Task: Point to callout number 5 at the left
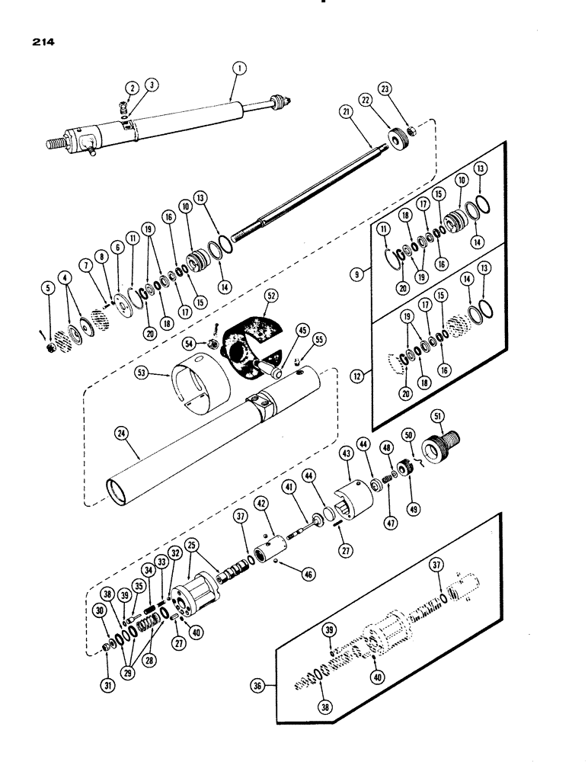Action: click(x=50, y=289)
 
